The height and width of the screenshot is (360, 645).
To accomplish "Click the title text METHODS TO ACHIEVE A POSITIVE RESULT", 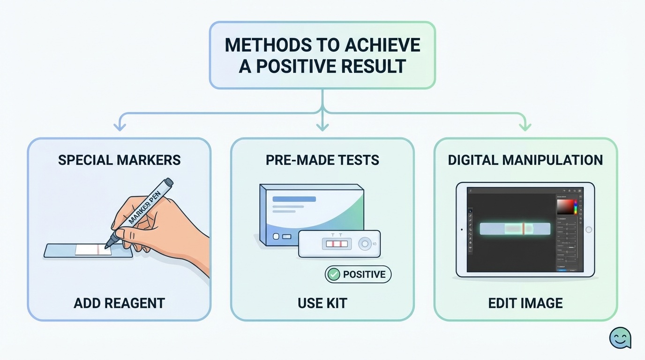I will pyautogui.click(x=322, y=55).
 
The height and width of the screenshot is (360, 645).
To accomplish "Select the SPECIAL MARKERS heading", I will pyautogui.click(x=119, y=160).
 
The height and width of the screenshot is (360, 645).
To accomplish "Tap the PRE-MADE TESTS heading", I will pyautogui.click(x=322, y=160).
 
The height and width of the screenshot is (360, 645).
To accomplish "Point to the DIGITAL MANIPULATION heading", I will pyautogui.click(x=525, y=160).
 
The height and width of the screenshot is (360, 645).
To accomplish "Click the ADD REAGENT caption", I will pyautogui.click(x=119, y=303).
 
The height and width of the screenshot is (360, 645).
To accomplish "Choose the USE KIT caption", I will pyautogui.click(x=322, y=303).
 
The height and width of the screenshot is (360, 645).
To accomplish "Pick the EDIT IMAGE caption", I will pyautogui.click(x=525, y=303).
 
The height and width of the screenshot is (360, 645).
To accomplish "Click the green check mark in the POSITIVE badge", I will pyautogui.click(x=333, y=274).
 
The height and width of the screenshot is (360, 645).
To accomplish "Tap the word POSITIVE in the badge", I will pyautogui.click(x=364, y=274).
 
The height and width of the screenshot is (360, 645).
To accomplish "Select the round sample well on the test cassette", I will pyautogui.click(x=364, y=244).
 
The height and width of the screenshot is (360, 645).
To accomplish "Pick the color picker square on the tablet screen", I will pyautogui.click(x=565, y=206).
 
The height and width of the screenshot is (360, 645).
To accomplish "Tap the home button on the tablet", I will pyautogui.click(x=589, y=230).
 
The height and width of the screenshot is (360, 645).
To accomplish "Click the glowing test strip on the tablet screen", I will pyautogui.click(x=515, y=229).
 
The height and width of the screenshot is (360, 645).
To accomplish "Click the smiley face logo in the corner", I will pyautogui.click(x=620, y=337).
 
